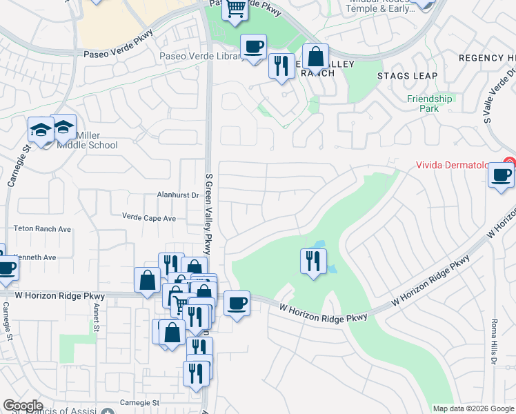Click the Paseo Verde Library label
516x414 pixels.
coord(199,56)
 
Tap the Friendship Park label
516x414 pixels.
coord(429,103)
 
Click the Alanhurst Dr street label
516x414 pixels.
coord(177,195)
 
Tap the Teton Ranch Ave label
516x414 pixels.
coord(43,228)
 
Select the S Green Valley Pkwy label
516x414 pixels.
coord(207,214)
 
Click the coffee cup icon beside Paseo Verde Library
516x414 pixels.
coord(253,47)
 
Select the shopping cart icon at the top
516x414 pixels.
coord(235,8)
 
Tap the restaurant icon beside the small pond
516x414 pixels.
coord(312,261)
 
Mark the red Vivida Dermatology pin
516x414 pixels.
coord(509,162)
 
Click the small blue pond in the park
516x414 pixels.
coord(319,246)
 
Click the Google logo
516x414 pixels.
coord(23,406)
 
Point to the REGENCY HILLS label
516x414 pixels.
coord(487,58)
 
